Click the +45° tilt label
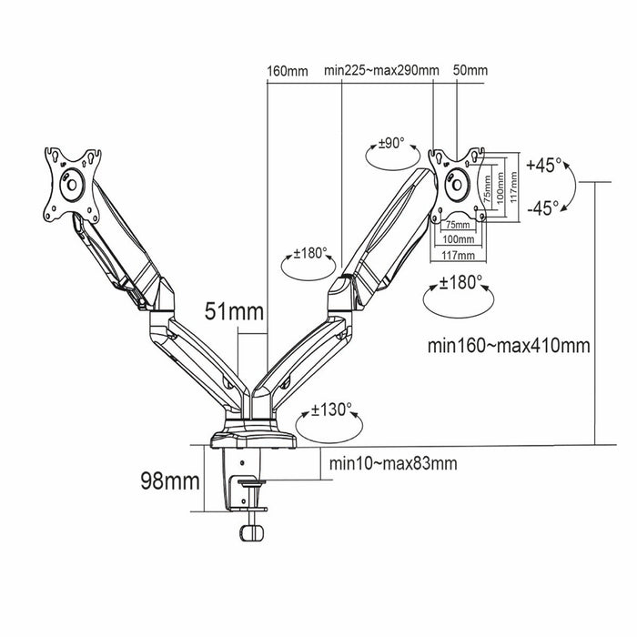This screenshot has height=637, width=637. (544, 167)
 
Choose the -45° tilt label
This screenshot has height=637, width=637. (544, 206)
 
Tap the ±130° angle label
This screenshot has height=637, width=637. (331, 409)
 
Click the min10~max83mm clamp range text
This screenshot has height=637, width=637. (393, 464)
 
